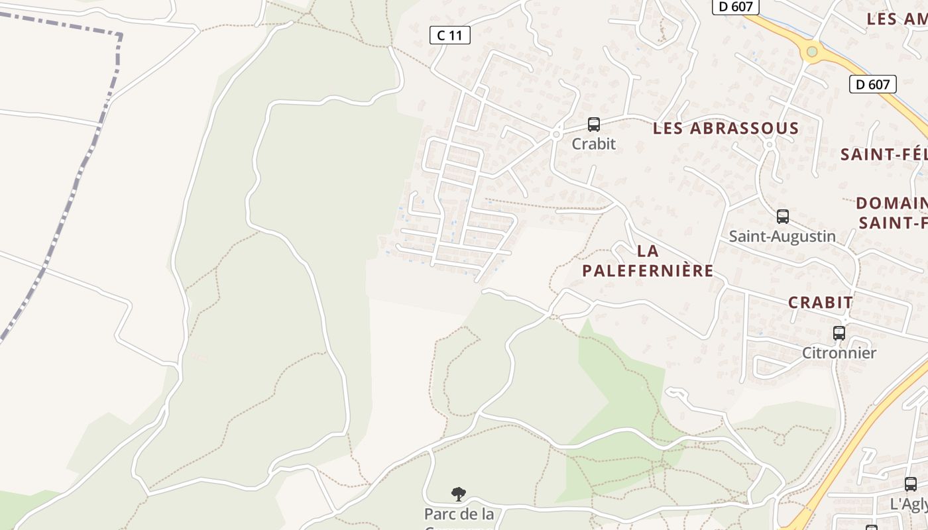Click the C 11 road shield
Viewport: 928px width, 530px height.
(x=449, y=35)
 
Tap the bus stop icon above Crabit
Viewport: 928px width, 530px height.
(x=593, y=124)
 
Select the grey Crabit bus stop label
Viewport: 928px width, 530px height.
(x=593, y=144)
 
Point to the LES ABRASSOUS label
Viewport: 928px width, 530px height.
(x=726, y=129)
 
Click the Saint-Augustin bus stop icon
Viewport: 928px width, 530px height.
(x=782, y=216)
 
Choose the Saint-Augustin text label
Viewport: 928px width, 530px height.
(x=782, y=237)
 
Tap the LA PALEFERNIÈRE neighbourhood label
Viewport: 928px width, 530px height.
(x=648, y=261)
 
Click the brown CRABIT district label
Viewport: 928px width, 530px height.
(x=820, y=303)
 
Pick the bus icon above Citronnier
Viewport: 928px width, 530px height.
(x=839, y=333)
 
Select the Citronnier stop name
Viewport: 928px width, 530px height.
(x=839, y=353)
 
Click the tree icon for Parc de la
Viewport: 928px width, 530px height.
(x=458, y=494)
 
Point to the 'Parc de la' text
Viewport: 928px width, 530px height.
(x=459, y=514)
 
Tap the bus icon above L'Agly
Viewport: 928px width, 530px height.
(x=910, y=484)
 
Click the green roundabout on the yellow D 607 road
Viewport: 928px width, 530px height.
(x=811, y=52)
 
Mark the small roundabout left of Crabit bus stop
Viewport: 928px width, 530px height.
(x=555, y=134)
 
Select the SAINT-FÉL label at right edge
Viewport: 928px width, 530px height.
(x=883, y=155)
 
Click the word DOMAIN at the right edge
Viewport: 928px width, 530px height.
(x=891, y=203)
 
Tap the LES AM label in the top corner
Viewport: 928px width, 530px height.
(x=896, y=19)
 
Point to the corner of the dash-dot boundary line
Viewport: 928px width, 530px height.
(x=120, y=34)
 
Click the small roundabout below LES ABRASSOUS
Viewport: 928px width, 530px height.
(x=770, y=144)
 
